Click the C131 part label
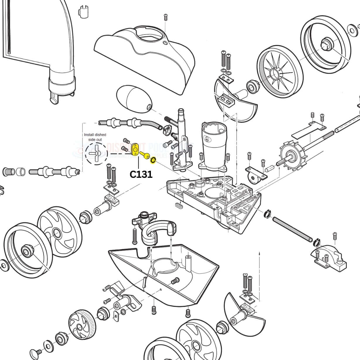[141, 174]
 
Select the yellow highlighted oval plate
[136, 149]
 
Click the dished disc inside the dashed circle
[95, 153]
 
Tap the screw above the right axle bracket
[335, 236]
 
